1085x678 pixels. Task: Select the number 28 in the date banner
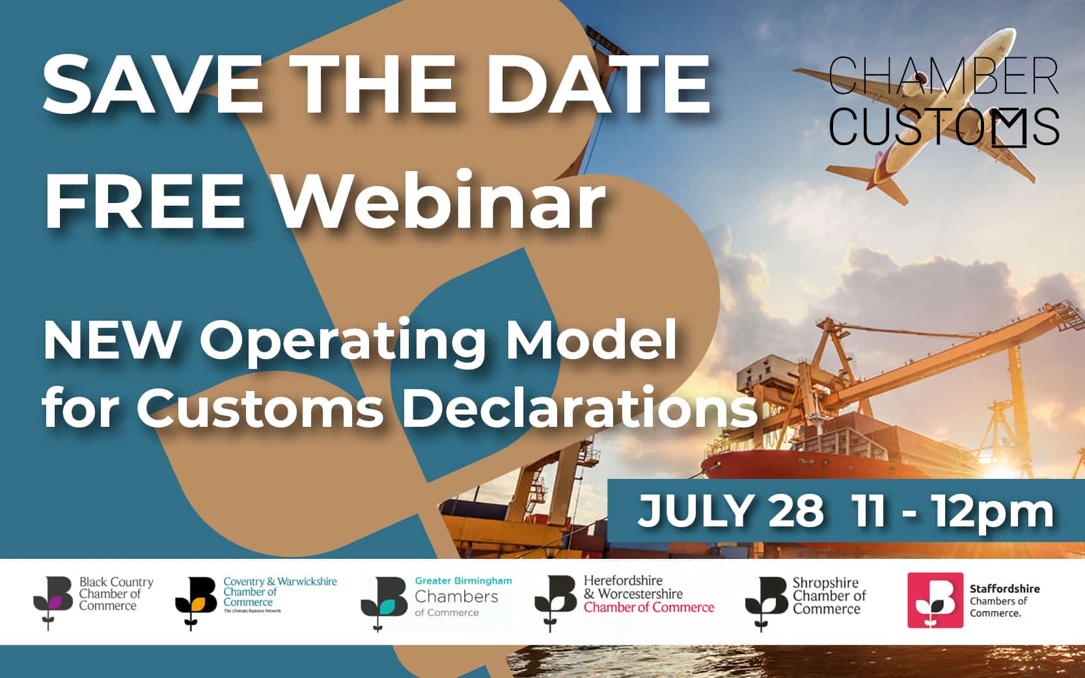pos(796,511)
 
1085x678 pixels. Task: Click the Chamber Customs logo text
pos(944,102)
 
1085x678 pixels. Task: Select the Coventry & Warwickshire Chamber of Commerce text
pos(280,592)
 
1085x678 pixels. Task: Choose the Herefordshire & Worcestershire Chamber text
pos(648,593)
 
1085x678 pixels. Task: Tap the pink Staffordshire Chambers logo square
pos(935,601)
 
